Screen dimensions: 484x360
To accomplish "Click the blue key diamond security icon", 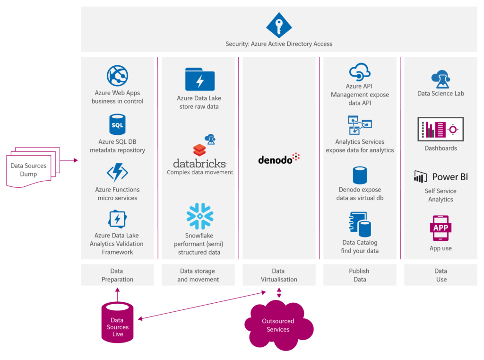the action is click(279, 26).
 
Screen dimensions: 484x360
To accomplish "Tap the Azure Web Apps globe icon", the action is click(117, 76).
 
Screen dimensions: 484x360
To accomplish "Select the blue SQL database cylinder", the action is click(117, 124).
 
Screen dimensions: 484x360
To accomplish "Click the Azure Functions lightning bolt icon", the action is click(117, 172).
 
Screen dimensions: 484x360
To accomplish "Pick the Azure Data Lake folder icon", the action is click(200, 79).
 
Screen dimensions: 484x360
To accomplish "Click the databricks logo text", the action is click(200, 163).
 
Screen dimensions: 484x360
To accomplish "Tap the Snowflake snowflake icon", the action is click(200, 216).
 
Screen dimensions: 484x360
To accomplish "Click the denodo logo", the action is click(279, 158).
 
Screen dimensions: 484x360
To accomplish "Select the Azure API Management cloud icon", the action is click(360, 72).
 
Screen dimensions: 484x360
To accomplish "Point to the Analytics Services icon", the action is click(360, 125).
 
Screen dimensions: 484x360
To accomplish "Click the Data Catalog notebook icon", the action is click(360, 224).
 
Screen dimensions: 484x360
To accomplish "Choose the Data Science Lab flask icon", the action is click(441, 79).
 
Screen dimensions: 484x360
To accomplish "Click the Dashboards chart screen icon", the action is click(441, 129).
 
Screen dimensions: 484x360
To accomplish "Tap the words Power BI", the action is click(450, 177).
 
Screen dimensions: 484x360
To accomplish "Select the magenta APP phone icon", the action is click(441, 228).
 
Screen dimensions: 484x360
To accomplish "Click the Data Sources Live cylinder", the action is click(117, 323).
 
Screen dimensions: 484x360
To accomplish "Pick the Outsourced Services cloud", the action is click(279, 325).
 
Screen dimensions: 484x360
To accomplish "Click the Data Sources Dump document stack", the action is click(33, 167).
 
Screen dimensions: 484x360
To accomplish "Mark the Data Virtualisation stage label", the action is click(279, 275).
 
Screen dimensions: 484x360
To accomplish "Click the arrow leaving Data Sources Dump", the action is click(69, 160).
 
